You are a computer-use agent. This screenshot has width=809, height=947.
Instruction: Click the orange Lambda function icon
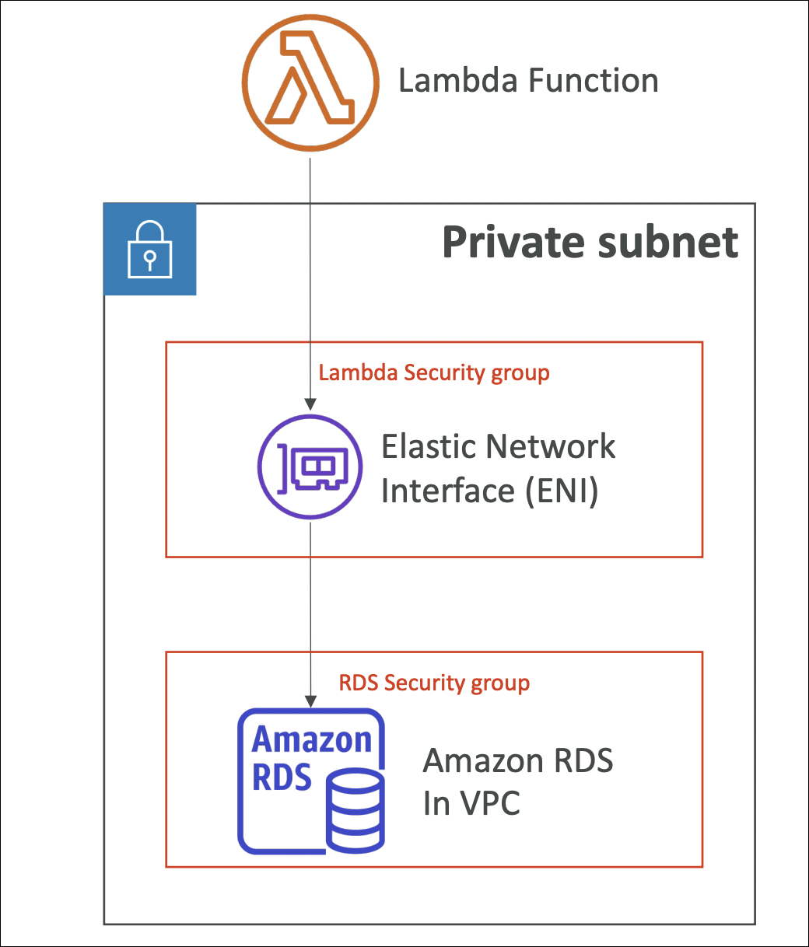[x=310, y=81]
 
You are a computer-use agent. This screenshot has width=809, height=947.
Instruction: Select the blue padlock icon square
[x=149, y=250]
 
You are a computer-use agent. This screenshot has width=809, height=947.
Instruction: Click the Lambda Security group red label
[x=434, y=372]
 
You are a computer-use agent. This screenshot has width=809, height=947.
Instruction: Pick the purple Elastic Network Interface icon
[x=310, y=467]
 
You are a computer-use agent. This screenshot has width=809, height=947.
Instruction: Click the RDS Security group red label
[x=434, y=683]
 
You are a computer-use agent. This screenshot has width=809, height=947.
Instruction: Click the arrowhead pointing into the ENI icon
[x=310, y=404]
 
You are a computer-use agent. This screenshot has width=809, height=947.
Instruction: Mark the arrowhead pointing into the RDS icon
[x=310, y=700]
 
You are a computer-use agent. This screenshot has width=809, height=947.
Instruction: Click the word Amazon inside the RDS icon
[x=312, y=739]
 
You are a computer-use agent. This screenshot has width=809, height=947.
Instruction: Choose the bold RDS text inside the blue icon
[x=282, y=777]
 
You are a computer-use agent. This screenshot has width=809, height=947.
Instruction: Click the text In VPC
[x=471, y=803]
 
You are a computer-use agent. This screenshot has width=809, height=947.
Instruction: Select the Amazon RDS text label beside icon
[x=518, y=760]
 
